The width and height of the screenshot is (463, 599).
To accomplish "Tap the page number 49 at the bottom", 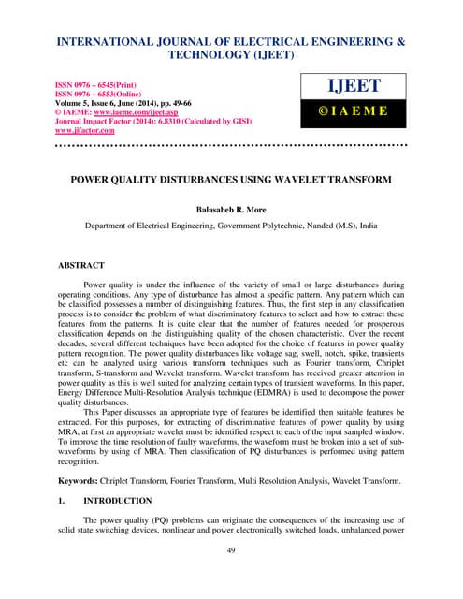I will click(x=231, y=576).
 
